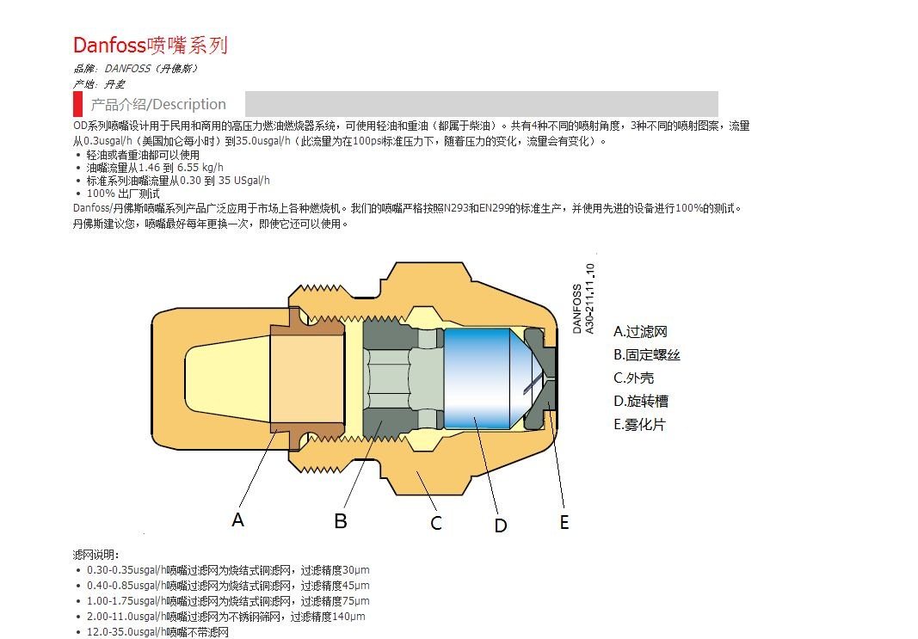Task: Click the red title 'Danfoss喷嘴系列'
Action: (151, 45)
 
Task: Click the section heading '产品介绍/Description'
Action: (158, 104)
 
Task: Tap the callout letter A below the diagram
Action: (238, 519)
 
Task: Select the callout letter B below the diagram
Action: (341, 520)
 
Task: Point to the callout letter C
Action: (436, 522)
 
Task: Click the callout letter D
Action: (501, 525)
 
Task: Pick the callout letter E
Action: (564, 522)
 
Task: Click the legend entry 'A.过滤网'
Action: (640, 331)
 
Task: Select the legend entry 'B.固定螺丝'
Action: (646, 354)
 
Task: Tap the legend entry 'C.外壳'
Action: (634, 378)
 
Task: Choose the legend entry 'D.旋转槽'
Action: (640, 401)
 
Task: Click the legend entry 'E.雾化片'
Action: (639, 424)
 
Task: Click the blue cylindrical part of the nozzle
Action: (477, 378)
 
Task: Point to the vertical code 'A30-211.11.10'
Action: (589, 298)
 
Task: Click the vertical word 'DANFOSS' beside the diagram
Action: (576, 308)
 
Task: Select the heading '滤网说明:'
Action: (96, 555)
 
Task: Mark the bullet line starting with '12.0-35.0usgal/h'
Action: (157, 632)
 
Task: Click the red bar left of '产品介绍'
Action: (77, 104)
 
